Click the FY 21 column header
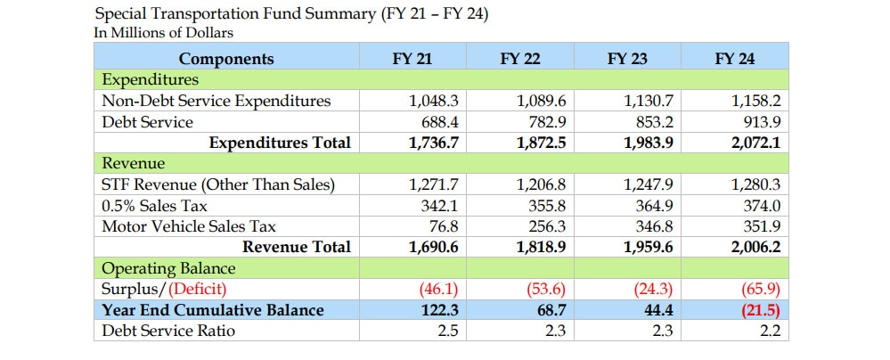(412, 59)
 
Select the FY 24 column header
(735, 59)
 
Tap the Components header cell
(226, 59)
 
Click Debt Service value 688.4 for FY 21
(438, 122)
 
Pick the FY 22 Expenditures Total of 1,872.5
(542, 143)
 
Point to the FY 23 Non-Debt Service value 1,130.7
(649, 101)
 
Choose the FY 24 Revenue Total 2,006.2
(755, 247)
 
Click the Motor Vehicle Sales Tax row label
(189, 226)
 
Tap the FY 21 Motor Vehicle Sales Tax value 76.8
(445, 226)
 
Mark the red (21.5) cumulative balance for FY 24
(761, 311)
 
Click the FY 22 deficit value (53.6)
(547, 290)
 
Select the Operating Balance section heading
(168, 268)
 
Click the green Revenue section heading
(134, 164)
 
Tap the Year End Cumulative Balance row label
(213, 311)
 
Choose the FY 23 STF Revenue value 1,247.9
(649, 184)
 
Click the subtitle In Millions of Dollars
(163, 33)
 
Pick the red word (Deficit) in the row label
(198, 290)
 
